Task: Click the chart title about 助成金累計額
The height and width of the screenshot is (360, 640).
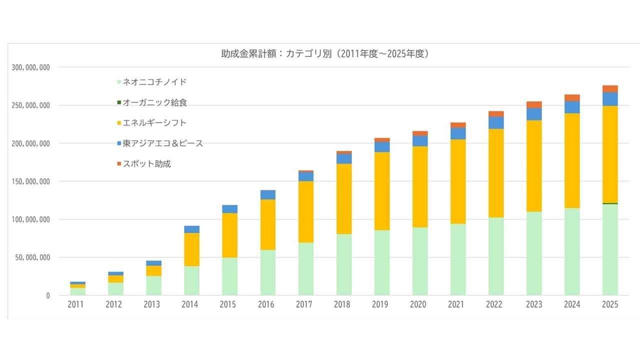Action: (325, 54)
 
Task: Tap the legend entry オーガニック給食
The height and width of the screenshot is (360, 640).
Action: (154, 102)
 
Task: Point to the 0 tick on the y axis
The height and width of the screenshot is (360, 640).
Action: (47, 295)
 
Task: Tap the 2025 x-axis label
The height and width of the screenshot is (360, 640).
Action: (610, 305)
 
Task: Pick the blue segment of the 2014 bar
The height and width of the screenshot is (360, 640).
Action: (192, 229)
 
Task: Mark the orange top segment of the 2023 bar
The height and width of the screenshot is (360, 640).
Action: (534, 104)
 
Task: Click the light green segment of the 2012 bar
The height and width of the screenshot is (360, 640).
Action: (116, 289)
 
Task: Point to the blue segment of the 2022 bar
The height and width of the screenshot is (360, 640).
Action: (496, 123)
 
